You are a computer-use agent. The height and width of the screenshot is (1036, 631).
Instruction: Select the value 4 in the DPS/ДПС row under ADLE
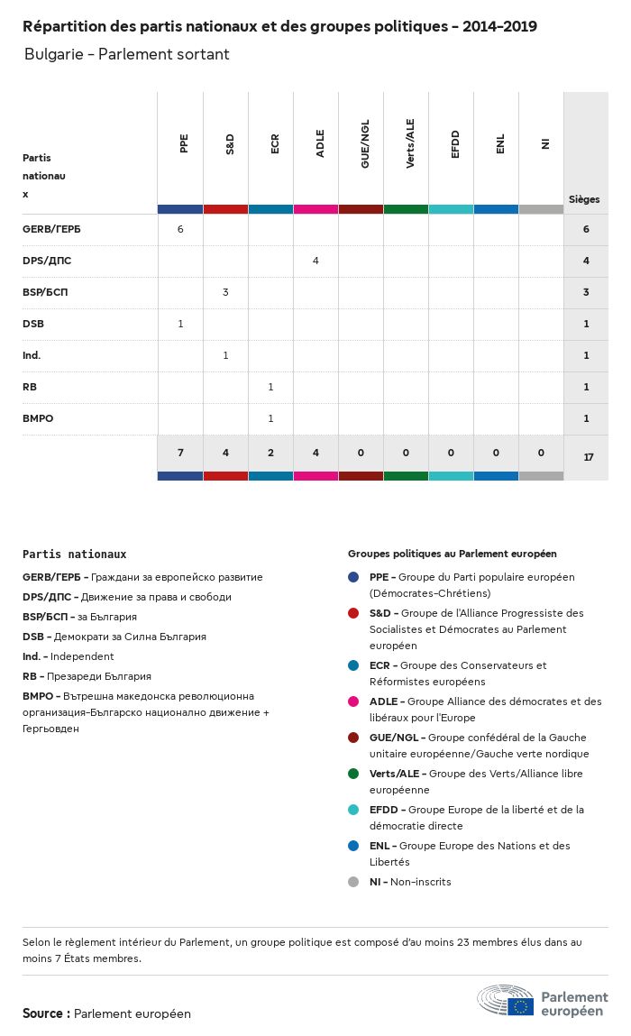[315, 261]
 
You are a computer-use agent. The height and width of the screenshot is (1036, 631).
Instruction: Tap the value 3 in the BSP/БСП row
[225, 292]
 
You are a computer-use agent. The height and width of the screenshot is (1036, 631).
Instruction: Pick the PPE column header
[184, 143]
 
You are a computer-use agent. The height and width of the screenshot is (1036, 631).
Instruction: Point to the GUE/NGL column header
[365, 148]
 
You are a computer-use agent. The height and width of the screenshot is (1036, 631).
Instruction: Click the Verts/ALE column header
[410, 148]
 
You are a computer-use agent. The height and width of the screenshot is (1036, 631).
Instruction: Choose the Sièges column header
[584, 199]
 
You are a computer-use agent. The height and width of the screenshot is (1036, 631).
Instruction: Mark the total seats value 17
[589, 457]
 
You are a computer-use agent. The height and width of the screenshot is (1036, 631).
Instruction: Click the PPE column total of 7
[180, 453]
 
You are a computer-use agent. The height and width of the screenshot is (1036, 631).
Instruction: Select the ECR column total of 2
[270, 453]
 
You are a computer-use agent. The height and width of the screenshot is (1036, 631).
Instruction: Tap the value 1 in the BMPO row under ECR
[270, 418]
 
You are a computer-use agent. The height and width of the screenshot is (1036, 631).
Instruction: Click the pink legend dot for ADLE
[353, 701]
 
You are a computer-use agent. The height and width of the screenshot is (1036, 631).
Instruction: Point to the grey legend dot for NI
[353, 882]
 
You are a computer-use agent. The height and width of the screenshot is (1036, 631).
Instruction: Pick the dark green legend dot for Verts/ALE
[353, 774]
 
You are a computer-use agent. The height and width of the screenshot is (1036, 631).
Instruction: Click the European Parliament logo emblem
[506, 1001]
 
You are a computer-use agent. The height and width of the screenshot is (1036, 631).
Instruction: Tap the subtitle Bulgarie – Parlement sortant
[127, 55]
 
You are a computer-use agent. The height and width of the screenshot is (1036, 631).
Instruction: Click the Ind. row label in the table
[32, 355]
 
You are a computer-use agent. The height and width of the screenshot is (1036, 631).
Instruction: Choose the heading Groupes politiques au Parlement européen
[452, 554]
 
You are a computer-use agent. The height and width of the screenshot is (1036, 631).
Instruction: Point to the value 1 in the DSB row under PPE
[180, 324]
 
